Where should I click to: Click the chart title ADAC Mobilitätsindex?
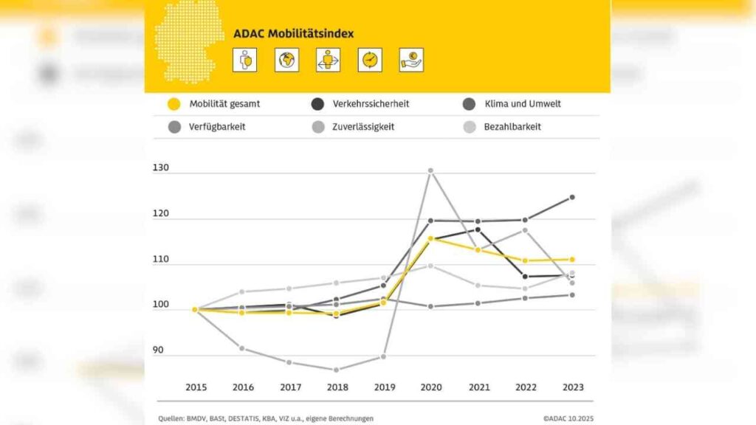point(293,33)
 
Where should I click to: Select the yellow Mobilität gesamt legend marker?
point(174,104)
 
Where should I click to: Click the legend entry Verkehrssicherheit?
point(370,104)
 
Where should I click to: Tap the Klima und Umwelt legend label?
point(522,104)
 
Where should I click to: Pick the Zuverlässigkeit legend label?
point(363,127)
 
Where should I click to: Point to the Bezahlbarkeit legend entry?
point(512,127)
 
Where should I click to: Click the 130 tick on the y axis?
point(161,168)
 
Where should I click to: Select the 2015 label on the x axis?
point(196,387)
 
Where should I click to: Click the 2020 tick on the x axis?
point(430,387)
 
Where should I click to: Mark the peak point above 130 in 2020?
point(430,170)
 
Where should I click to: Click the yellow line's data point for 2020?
point(430,238)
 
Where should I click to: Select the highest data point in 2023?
point(571,197)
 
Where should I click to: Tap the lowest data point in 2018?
point(336,370)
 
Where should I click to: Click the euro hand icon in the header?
point(411,60)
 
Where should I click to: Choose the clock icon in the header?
point(370,60)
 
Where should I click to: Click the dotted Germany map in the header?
point(188,41)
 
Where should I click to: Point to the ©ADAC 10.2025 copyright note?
point(568,418)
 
